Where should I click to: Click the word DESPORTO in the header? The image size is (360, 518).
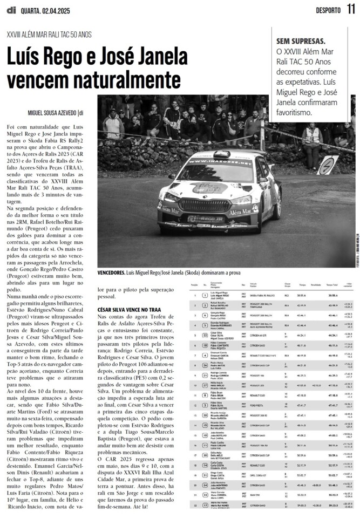click(x=328, y=10)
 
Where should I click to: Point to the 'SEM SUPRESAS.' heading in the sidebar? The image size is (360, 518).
click(x=301, y=41)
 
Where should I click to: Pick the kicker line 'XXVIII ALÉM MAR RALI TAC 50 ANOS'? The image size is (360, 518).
click(x=49, y=35)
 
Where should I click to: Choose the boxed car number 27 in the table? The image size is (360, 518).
click(x=205, y=385)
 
